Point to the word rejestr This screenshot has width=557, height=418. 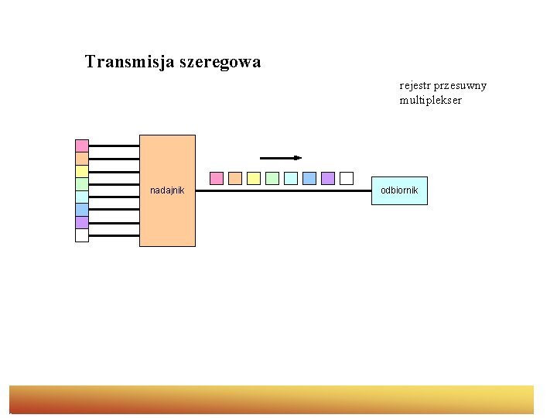415,85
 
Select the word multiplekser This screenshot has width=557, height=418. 430,101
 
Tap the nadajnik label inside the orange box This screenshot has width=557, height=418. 167,190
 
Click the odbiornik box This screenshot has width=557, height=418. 399,190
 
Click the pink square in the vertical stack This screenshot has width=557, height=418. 82,146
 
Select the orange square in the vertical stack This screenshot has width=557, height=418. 82,159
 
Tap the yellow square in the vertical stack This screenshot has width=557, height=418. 82,171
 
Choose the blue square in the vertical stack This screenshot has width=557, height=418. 82,210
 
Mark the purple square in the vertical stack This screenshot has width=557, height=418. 82,222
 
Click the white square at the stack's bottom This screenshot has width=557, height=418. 82,235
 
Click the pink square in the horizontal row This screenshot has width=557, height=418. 217,178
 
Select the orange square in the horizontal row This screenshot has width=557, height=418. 235,178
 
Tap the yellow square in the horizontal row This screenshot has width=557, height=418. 254,178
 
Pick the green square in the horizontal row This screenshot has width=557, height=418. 272,178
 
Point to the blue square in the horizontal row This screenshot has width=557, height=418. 309,178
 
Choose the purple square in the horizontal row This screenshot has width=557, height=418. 328,178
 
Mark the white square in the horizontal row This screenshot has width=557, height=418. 347,178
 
